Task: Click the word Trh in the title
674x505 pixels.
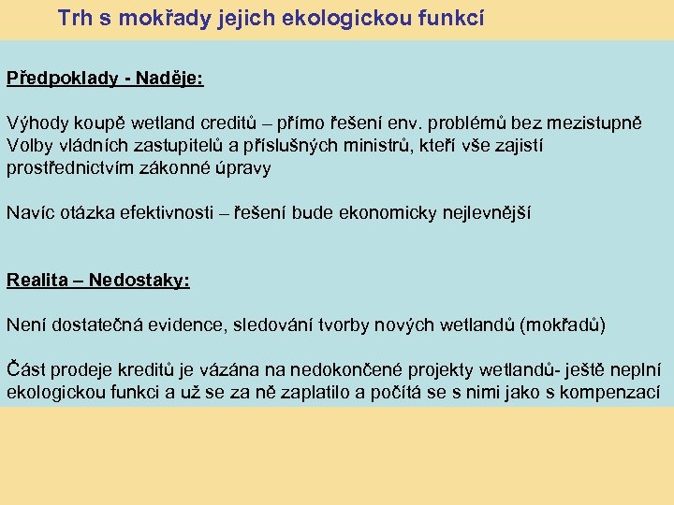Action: [74, 18]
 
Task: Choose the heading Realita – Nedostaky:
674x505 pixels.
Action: [98, 280]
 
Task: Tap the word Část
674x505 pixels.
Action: [24, 369]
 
